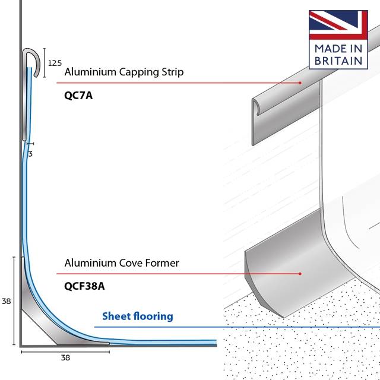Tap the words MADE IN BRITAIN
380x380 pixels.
tap(338, 54)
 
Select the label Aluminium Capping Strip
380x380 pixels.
tap(123, 72)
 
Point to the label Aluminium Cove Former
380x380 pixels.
tap(121, 262)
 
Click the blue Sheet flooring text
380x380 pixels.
tap(138, 316)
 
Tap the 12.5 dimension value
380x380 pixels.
tap(55, 63)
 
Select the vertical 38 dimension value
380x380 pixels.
tap(7, 301)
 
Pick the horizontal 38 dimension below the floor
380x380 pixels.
tap(65, 358)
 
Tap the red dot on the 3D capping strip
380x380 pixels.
tap(300, 83)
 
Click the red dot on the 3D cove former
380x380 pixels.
tap(300, 274)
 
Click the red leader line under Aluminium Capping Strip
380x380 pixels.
tap(178, 83)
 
